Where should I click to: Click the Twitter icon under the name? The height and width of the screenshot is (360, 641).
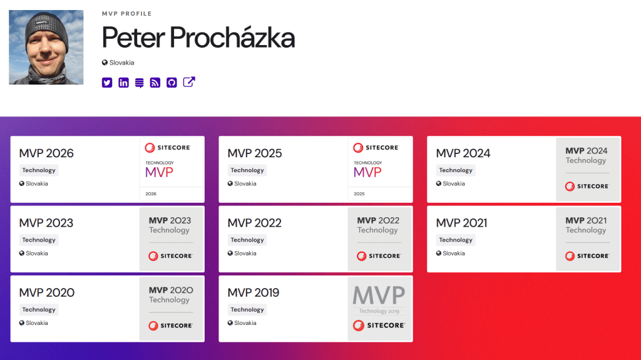coord(107,83)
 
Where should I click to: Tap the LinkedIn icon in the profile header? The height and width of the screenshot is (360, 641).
coord(123,83)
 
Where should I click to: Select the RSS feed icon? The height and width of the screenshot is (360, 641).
coord(155,83)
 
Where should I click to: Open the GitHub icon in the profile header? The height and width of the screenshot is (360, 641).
coord(172,83)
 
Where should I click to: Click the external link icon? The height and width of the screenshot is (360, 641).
coord(189,82)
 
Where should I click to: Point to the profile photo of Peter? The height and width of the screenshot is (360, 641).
coord(46,48)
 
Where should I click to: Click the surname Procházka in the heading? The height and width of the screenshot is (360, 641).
coord(232,38)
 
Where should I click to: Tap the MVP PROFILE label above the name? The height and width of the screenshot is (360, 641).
coord(126,14)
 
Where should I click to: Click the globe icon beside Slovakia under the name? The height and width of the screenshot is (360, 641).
coord(105,63)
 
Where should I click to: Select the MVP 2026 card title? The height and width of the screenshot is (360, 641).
coord(46,153)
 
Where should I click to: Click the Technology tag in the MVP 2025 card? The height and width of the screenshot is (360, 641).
coord(247,170)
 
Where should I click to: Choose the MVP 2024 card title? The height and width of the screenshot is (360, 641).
coord(463,153)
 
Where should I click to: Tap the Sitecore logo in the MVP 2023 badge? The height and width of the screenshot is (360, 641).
coord(170,256)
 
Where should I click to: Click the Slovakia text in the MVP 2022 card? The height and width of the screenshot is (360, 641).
coord(245,253)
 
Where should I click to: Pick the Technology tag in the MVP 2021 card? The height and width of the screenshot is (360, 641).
coord(456,240)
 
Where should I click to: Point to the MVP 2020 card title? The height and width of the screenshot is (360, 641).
coord(46,292)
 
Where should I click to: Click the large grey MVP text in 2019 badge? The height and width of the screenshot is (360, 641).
coord(379,296)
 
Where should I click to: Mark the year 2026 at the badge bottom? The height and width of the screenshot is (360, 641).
coord(151,194)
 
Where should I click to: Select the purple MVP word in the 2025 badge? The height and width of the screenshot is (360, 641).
coord(367,172)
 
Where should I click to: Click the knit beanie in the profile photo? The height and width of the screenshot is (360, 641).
coord(46,29)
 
